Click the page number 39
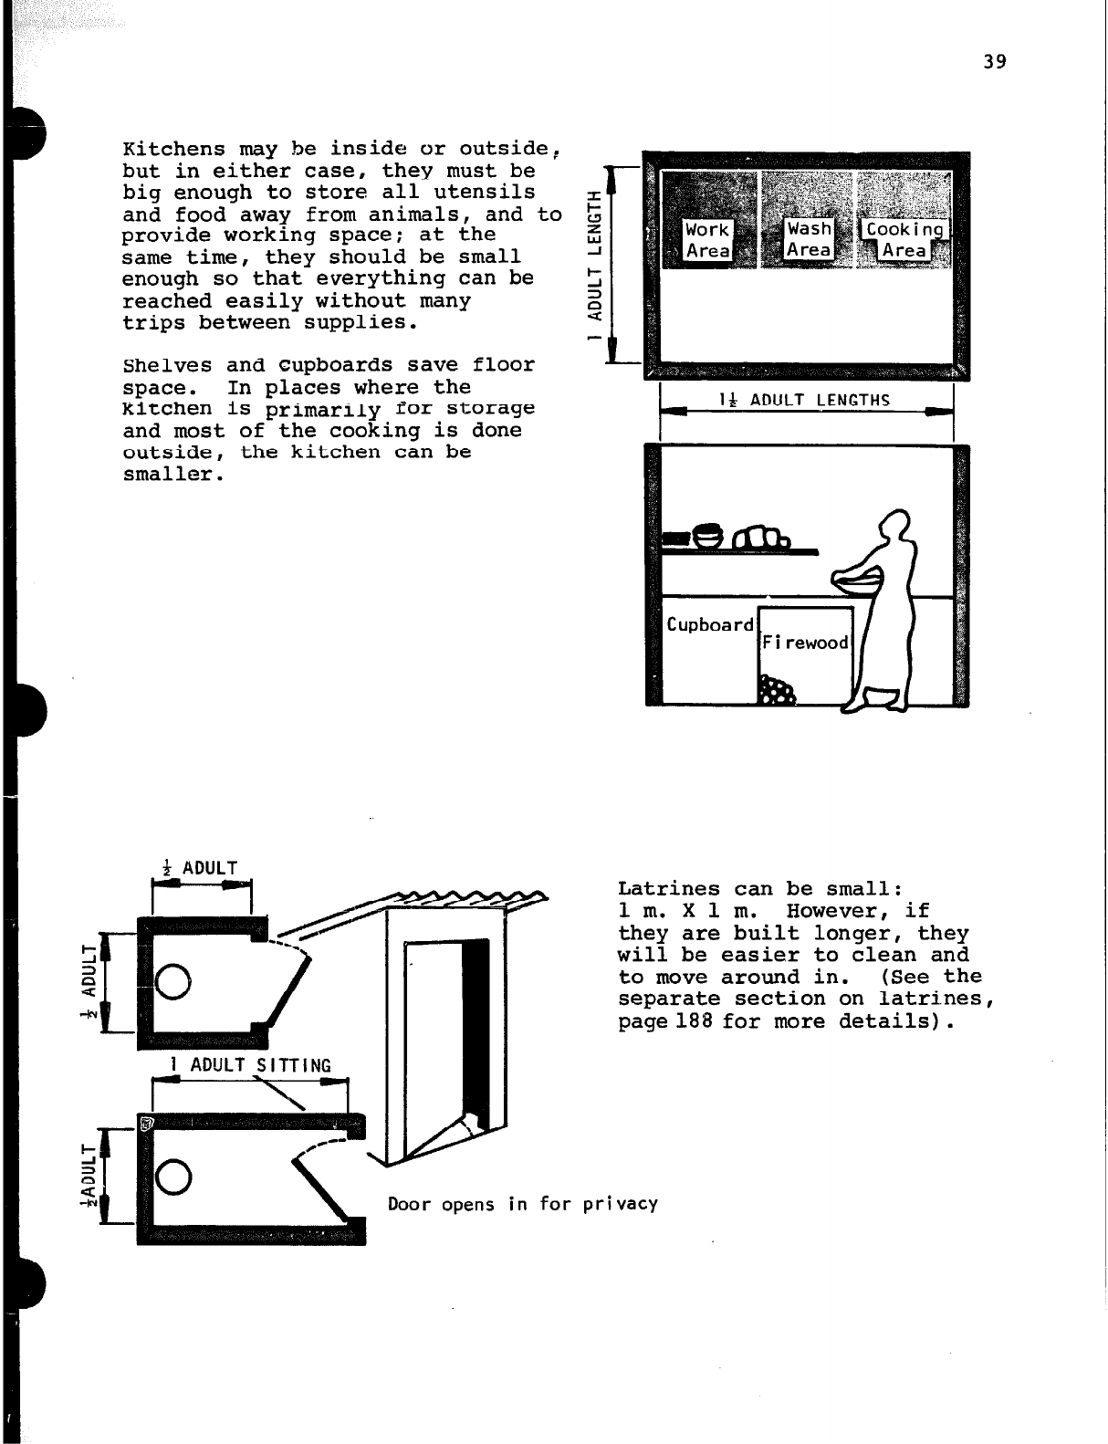point(995,62)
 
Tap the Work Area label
point(707,240)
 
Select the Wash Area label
point(810,239)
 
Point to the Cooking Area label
point(904,240)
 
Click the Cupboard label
point(710,625)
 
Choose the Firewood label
point(806,643)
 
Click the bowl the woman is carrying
point(858,577)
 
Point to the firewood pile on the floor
point(778,692)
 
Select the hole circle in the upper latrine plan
point(173,981)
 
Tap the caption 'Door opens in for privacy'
point(522,1204)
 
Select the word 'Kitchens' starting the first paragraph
point(173,149)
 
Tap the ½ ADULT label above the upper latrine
point(199,867)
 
